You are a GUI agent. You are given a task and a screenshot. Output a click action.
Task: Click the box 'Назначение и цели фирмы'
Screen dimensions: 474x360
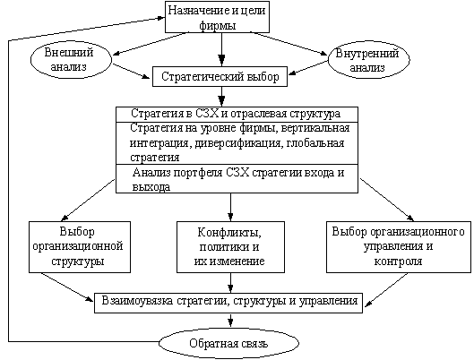(x=217, y=17)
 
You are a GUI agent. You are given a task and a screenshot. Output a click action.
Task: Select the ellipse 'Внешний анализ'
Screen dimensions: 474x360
(x=71, y=59)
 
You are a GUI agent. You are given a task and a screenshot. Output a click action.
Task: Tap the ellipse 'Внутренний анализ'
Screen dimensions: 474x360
(x=369, y=59)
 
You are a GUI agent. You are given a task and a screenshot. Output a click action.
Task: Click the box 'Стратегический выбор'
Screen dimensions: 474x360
(x=220, y=76)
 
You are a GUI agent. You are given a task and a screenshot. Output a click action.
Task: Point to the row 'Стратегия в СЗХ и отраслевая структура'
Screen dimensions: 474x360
(x=237, y=114)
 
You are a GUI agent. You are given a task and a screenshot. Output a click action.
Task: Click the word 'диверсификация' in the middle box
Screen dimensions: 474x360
(x=238, y=143)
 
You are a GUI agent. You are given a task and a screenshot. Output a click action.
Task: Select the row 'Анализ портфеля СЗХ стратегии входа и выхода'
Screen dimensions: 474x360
(x=237, y=179)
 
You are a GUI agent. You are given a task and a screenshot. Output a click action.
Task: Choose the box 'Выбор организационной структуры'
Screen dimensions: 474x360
(x=80, y=247)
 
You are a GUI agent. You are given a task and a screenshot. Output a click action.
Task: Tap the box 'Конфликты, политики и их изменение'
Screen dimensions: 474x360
(x=230, y=247)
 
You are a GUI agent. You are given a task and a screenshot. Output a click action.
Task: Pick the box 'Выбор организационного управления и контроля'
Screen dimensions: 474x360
(x=399, y=247)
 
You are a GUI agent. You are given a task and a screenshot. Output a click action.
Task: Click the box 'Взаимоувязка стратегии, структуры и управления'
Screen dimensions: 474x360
(x=228, y=303)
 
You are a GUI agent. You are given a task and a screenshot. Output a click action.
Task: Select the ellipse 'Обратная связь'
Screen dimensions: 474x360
(x=228, y=343)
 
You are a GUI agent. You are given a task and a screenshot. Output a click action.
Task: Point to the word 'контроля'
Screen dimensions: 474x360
(x=398, y=261)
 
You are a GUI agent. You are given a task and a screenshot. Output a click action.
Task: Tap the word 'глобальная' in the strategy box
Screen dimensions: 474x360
(x=315, y=143)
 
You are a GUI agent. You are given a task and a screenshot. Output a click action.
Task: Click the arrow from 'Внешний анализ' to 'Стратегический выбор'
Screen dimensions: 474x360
(x=131, y=72)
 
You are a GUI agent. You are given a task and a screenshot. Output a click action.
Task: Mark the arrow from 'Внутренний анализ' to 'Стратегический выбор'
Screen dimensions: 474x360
(x=308, y=68)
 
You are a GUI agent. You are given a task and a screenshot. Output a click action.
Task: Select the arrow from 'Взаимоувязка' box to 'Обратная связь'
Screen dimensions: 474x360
(x=230, y=320)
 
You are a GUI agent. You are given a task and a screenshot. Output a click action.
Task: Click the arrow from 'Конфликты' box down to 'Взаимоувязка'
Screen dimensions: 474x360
(x=230, y=283)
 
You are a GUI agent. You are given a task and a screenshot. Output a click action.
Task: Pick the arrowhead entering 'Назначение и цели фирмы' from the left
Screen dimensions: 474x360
(x=161, y=18)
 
